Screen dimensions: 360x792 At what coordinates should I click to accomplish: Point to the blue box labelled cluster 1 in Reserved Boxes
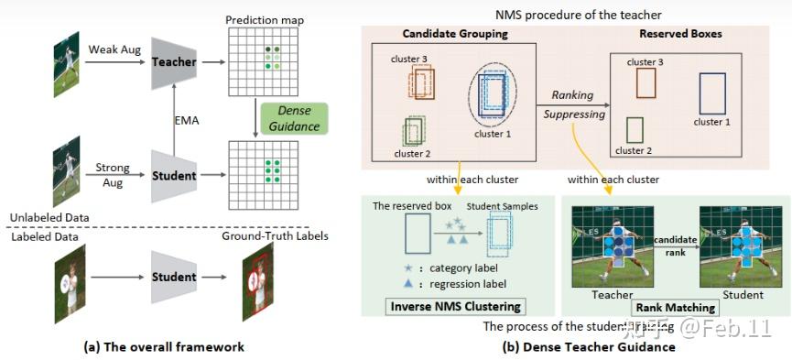(711, 93)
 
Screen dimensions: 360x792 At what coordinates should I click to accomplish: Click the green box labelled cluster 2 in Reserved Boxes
(635, 128)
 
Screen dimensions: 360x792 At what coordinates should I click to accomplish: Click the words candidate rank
(675, 244)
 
